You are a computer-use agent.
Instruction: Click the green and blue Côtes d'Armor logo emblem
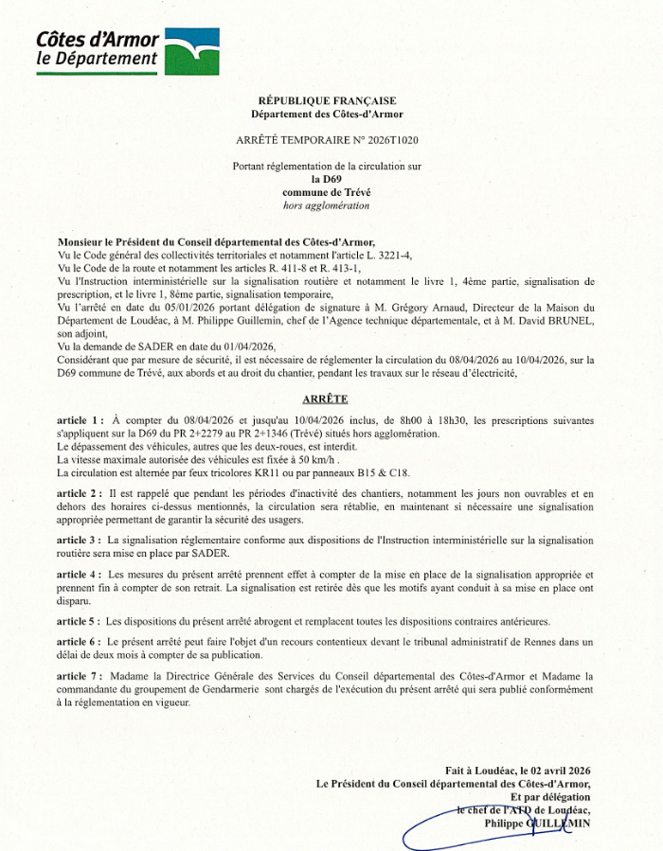click(x=192, y=50)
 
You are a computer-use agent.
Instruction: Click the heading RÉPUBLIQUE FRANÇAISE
click(x=327, y=100)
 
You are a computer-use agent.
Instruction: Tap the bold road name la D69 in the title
click(x=327, y=179)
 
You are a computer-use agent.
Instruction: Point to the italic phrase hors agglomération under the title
click(x=327, y=204)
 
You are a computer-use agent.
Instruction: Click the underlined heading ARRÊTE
click(x=325, y=399)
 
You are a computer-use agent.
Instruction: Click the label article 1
click(x=80, y=419)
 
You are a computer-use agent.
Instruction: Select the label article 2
click(x=80, y=494)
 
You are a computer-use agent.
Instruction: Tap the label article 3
click(x=80, y=539)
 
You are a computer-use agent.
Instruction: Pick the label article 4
click(x=80, y=575)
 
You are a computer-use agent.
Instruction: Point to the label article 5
click(x=80, y=621)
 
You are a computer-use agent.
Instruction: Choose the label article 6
click(x=80, y=642)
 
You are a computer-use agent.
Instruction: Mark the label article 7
click(x=80, y=676)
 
